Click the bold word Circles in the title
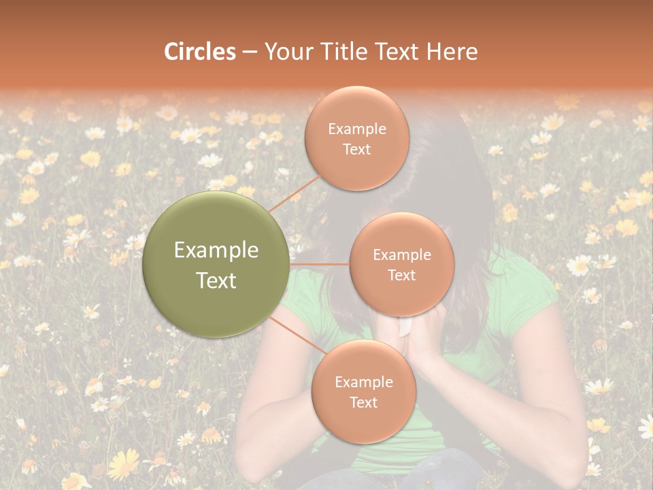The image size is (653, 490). pos(200,52)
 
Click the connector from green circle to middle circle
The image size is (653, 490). pos(320,264)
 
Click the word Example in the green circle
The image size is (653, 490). pos(216,250)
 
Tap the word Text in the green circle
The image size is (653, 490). pos(216,280)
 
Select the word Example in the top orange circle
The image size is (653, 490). pos(357,129)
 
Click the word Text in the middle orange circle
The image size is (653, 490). pos(401,276)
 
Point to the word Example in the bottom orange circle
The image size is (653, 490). pos(363,382)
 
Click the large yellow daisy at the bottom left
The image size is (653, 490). pos(123,464)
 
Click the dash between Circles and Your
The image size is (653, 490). pos(250,52)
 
